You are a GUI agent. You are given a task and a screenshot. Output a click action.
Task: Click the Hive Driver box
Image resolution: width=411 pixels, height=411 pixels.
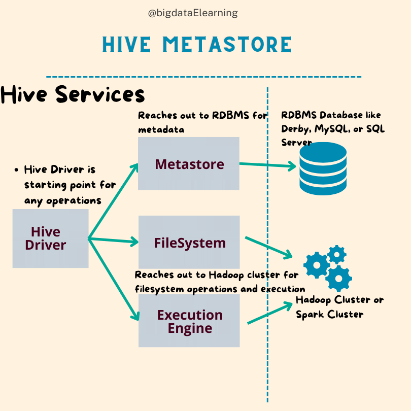[x=50, y=238]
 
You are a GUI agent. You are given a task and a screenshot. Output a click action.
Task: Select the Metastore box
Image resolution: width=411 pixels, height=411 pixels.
[x=189, y=163]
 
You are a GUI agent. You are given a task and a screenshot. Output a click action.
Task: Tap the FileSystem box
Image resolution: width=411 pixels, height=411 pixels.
[x=189, y=242]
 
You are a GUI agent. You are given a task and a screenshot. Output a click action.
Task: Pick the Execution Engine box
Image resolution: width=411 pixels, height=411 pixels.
[x=189, y=321]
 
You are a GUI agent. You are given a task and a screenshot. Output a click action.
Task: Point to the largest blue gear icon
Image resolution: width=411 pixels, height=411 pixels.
[x=338, y=278]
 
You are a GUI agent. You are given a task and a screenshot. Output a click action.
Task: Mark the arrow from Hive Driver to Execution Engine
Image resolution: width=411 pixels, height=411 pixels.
[x=114, y=279]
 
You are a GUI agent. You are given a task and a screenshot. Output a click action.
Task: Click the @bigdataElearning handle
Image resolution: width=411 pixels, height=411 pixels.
[x=193, y=13]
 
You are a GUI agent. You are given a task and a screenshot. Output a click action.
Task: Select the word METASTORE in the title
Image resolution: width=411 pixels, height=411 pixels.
[x=228, y=45]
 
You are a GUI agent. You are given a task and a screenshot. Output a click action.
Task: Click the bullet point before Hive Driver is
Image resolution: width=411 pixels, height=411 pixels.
[x=17, y=169]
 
